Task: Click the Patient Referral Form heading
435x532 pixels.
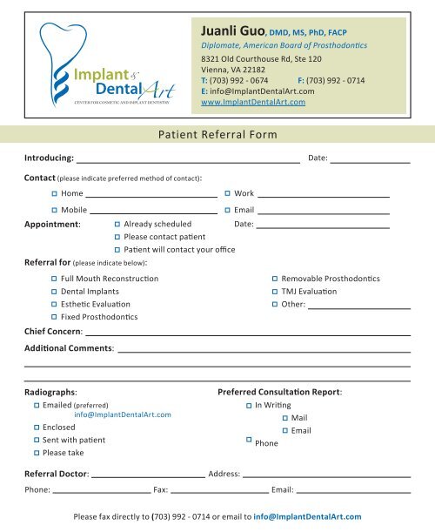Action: (x=217, y=135)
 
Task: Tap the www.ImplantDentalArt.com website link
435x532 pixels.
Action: (x=252, y=102)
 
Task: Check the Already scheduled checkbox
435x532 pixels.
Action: (x=118, y=224)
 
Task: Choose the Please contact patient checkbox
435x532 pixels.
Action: (x=118, y=237)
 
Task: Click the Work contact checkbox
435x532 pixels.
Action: (x=227, y=193)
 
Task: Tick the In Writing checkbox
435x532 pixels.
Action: (x=248, y=406)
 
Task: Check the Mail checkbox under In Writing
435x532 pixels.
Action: (x=284, y=418)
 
